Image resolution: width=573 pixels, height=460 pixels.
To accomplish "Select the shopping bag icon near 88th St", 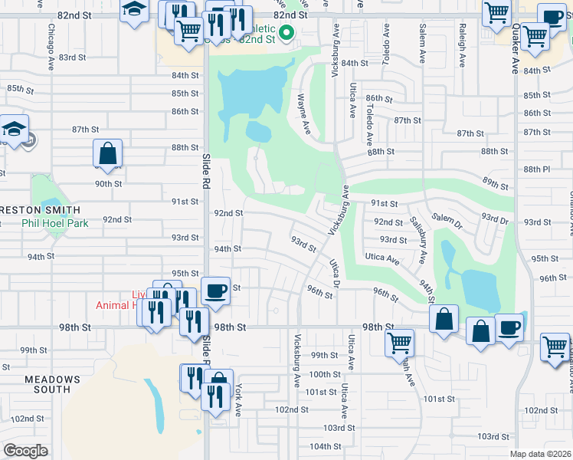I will coord(108,154).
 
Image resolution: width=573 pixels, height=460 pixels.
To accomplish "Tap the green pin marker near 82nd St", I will coord(286,32).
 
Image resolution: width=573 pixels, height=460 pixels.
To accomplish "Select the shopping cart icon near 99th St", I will coord(399,343).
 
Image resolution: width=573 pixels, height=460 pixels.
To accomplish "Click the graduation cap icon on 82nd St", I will coord(135,11).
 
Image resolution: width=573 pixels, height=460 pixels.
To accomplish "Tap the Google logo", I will coord(26,450).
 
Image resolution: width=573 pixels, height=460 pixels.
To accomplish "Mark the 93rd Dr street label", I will coord(495,219).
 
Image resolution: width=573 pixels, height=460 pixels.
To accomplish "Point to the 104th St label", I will coord(326,446).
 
